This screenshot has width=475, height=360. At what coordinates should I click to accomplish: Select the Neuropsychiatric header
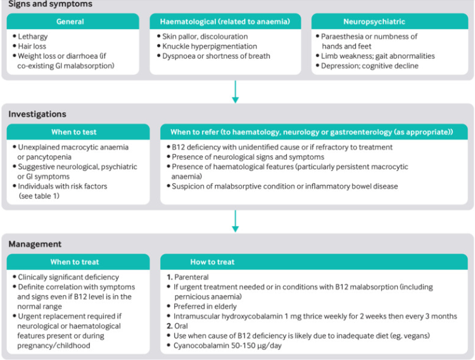pyautogui.click(x=391, y=22)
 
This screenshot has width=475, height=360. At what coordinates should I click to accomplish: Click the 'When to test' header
pyautogui.click(x=78, y=132)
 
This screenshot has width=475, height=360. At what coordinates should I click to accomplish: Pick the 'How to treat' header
pyautogui.click(x=213, y=262)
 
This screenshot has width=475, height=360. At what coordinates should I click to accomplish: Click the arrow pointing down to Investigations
pyautogui.click(x=236, y=92)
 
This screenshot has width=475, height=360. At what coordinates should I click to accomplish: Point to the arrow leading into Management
pyautogui.click(x=236, y=221)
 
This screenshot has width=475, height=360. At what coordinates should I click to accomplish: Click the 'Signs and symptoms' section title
pyautogui.click(x=50, y=4)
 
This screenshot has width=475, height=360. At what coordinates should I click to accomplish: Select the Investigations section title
pyautogui.click(x=37, y=114)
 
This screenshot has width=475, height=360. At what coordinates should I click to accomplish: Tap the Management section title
pyautogui.click(x=35, y=244)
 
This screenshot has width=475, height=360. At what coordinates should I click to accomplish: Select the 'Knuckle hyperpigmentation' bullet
pyautogui.click(x=210, y=46)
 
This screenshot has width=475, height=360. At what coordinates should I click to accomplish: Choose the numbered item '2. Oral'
pyautogui.click(x=179, y=326)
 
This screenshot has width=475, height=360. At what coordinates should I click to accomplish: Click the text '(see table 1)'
pyautogui.click(x=41, y=196)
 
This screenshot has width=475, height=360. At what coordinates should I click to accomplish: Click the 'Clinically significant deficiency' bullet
pyautogui.click(x=69, y=277)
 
